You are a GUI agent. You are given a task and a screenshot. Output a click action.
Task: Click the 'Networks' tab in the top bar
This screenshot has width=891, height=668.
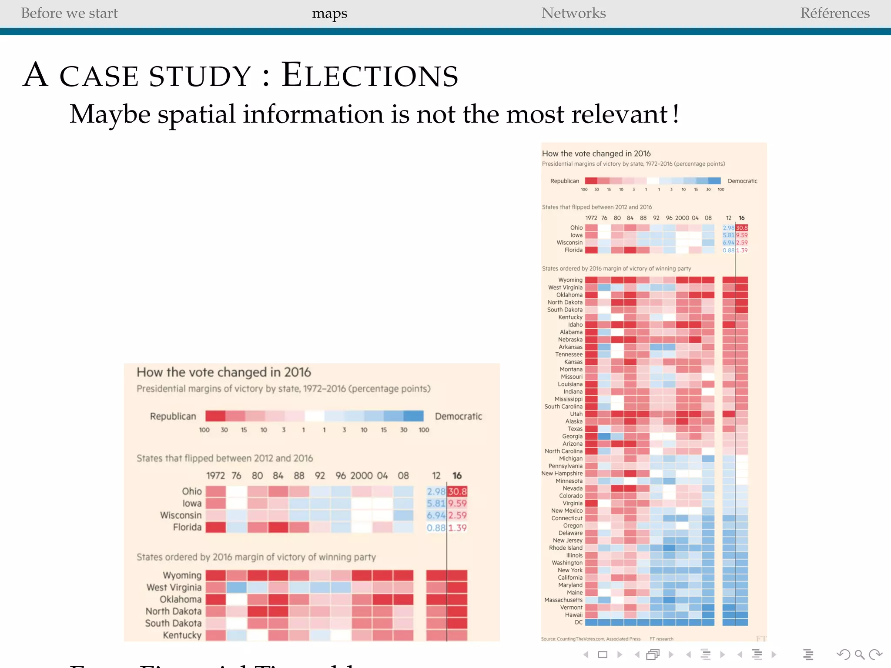point(573,13)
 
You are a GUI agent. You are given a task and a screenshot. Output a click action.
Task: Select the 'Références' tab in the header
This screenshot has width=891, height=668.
point(834,13)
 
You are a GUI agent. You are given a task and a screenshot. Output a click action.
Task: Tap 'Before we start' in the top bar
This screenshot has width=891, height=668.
point(69,13)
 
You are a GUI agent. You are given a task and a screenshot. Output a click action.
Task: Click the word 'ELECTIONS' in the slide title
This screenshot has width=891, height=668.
point(369,76)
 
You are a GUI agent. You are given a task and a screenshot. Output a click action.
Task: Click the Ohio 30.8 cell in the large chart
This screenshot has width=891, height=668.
point(457,491)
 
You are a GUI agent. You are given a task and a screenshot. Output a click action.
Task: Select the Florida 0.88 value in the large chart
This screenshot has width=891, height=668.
point(436,528)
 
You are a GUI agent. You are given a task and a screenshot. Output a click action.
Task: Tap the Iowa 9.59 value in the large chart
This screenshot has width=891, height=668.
point(457,503)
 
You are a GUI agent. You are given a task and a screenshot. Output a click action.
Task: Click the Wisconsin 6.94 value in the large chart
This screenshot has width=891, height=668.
point(436,515)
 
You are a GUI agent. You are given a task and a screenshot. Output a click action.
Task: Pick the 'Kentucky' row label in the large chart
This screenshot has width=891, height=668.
point(182,635)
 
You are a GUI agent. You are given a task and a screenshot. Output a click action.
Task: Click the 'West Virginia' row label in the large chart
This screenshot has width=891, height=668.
point(174,587)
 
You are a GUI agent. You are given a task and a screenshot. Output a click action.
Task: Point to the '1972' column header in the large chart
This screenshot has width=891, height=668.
point(215,475)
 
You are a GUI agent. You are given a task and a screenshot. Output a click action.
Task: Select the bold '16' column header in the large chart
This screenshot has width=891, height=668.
point(457,475)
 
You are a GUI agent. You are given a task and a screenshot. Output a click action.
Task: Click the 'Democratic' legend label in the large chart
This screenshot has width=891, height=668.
point(458,416)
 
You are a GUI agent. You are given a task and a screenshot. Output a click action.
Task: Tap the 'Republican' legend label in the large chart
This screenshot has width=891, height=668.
point(173,416)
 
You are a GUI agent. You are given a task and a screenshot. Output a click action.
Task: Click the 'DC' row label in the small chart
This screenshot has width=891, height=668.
point(578,622)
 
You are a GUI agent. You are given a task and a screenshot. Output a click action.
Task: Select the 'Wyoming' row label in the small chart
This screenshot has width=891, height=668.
point(570,280)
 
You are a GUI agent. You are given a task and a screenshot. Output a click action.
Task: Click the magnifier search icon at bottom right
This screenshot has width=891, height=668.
point(859,655)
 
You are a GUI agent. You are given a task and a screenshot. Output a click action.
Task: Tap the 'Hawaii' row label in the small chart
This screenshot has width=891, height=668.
point(573,615)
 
